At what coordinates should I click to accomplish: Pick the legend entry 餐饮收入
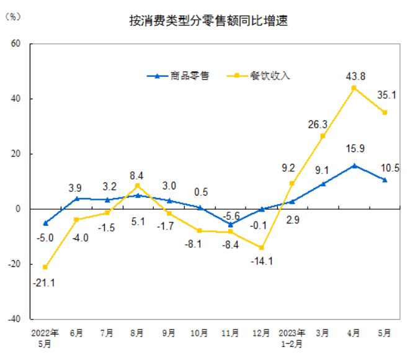pos(261,76)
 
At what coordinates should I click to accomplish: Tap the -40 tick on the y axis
pos(14,319)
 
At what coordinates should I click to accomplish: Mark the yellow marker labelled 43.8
pos(354,88)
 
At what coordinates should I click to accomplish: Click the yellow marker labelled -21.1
pos(45,267)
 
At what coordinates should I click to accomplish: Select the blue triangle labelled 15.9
pos(354,165)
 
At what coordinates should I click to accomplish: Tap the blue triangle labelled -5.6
pos(231,224)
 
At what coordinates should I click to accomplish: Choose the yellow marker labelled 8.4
pos(138,186)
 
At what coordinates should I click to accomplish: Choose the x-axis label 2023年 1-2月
pos(292,337)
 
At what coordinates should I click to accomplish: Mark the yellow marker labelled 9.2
pos(292,183)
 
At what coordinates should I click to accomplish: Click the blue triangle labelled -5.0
pos(45,223)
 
